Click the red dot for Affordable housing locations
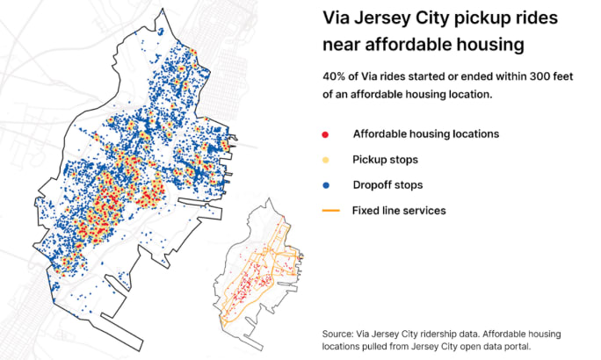click(x=326, y=134)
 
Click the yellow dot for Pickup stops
click(x=326, y=160)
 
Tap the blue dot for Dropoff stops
click(x=326, y=185)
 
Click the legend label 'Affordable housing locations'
click(x=425, y=134)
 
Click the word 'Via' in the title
click(x=336, y=18)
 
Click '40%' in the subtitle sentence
click(x=336, y=76)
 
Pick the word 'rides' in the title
click(x=539, y=18)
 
